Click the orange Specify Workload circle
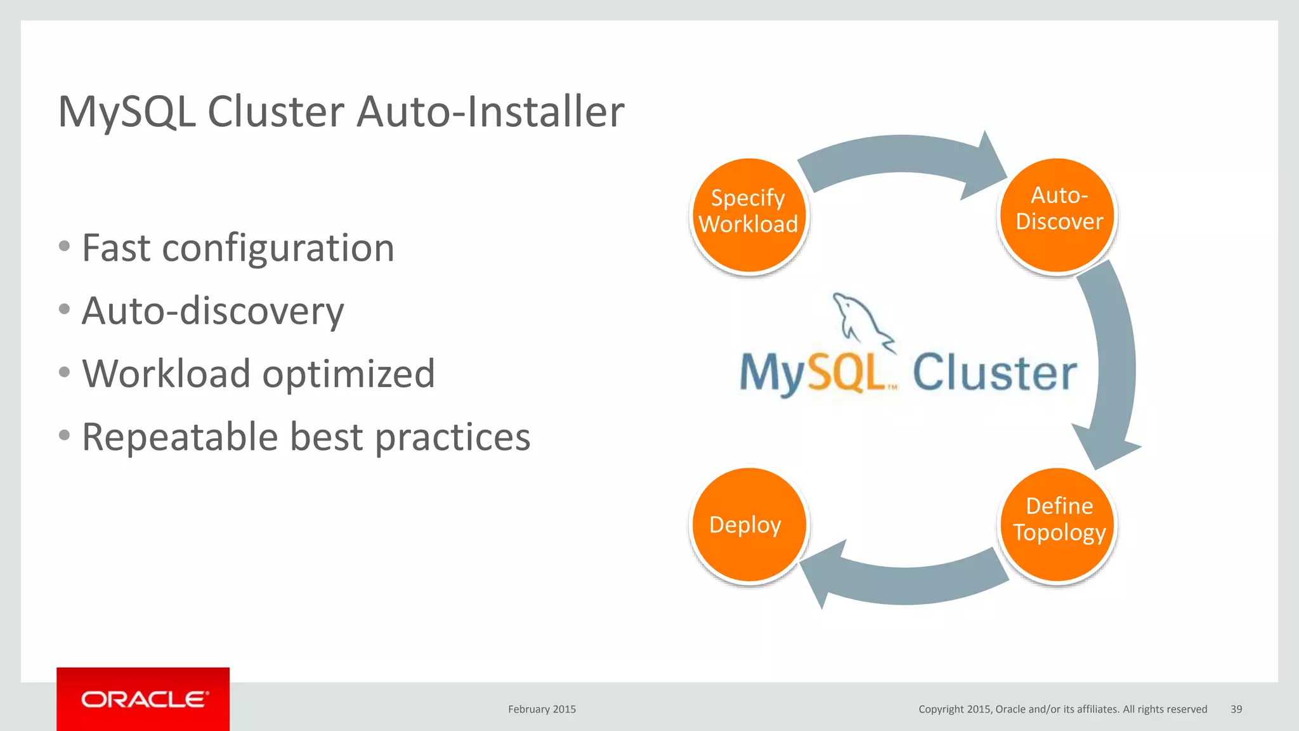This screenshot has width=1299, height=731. click(x=748, y=216)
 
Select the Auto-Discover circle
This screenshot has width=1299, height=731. click(x=1057, y=216)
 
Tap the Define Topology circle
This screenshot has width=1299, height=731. click(x=1057, y=525)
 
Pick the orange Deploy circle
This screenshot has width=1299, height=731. click(x=748, y=525)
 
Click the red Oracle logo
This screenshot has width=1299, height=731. click(x=143, y=699)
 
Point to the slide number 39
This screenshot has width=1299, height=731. click(x=1236, y=709)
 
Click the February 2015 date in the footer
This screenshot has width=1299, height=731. click(x=542, y=709)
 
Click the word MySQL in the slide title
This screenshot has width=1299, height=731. click(x=127, y=112)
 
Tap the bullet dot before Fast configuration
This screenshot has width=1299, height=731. click(x=64, y=246)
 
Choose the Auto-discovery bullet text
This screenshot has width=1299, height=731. click(x=212, y=311)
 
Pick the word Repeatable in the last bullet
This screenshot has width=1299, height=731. click(x=180, y=437)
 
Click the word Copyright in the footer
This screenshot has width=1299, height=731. click(x=941, y=709)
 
